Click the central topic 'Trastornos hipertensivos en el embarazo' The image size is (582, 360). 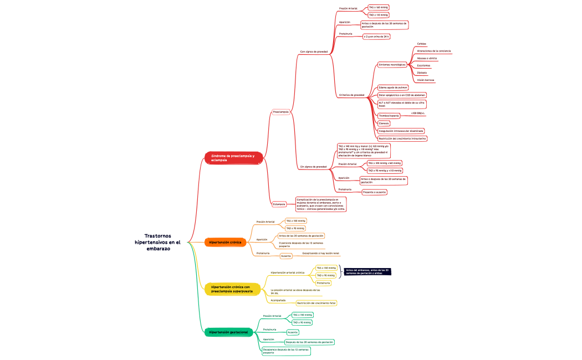(x=158, y=242)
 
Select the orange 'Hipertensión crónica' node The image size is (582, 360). (x=225, y=243)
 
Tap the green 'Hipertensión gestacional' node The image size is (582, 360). (x=228, y=332)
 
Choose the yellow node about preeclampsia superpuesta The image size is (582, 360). (x=232, y=289)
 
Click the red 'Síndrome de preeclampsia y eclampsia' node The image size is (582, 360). (x=233, y=158)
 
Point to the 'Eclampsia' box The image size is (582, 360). (x=279, y=204)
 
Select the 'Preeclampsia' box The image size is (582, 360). (x=280, y=112)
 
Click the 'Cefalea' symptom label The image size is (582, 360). (x=422, y=44)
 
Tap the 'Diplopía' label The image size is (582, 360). (x=422, y=73)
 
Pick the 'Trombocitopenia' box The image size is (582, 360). (x=389, y=116)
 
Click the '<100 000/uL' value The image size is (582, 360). (x=418, y=114)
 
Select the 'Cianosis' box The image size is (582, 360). (x=384, y=123)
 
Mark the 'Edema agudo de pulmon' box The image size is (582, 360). (x=393, y=88)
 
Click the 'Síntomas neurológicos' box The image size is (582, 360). (x=392, y=65)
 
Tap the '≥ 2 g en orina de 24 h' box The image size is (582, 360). (x=376, y=37)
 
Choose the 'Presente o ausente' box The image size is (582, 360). (x=374, y=192)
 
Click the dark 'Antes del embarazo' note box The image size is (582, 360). (x=367, y=271)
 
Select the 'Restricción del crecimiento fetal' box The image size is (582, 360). (x=316, y=303)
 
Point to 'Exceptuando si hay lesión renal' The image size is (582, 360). (x=320, y=253)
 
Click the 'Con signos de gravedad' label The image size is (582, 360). (x=314, y=52)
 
